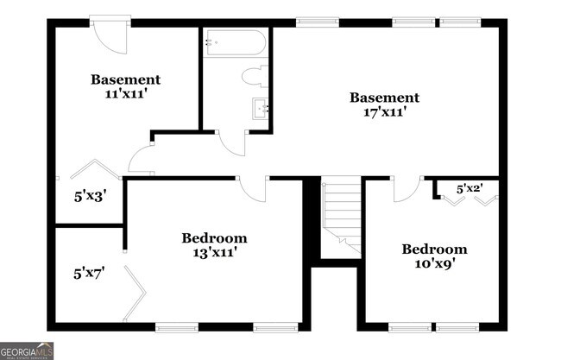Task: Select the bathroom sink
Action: [260, 109]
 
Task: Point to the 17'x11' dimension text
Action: [384, 111]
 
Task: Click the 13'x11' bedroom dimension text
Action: [214, 252]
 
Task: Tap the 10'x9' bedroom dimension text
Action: [434, 263]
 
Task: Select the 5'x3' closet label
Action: [89, 195]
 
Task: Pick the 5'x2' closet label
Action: [469, 187]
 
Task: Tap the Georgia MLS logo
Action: [28, 351]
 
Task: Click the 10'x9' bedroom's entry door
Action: [405, 189]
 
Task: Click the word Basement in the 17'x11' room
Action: [384, 98]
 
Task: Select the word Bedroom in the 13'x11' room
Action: [214, 237]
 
